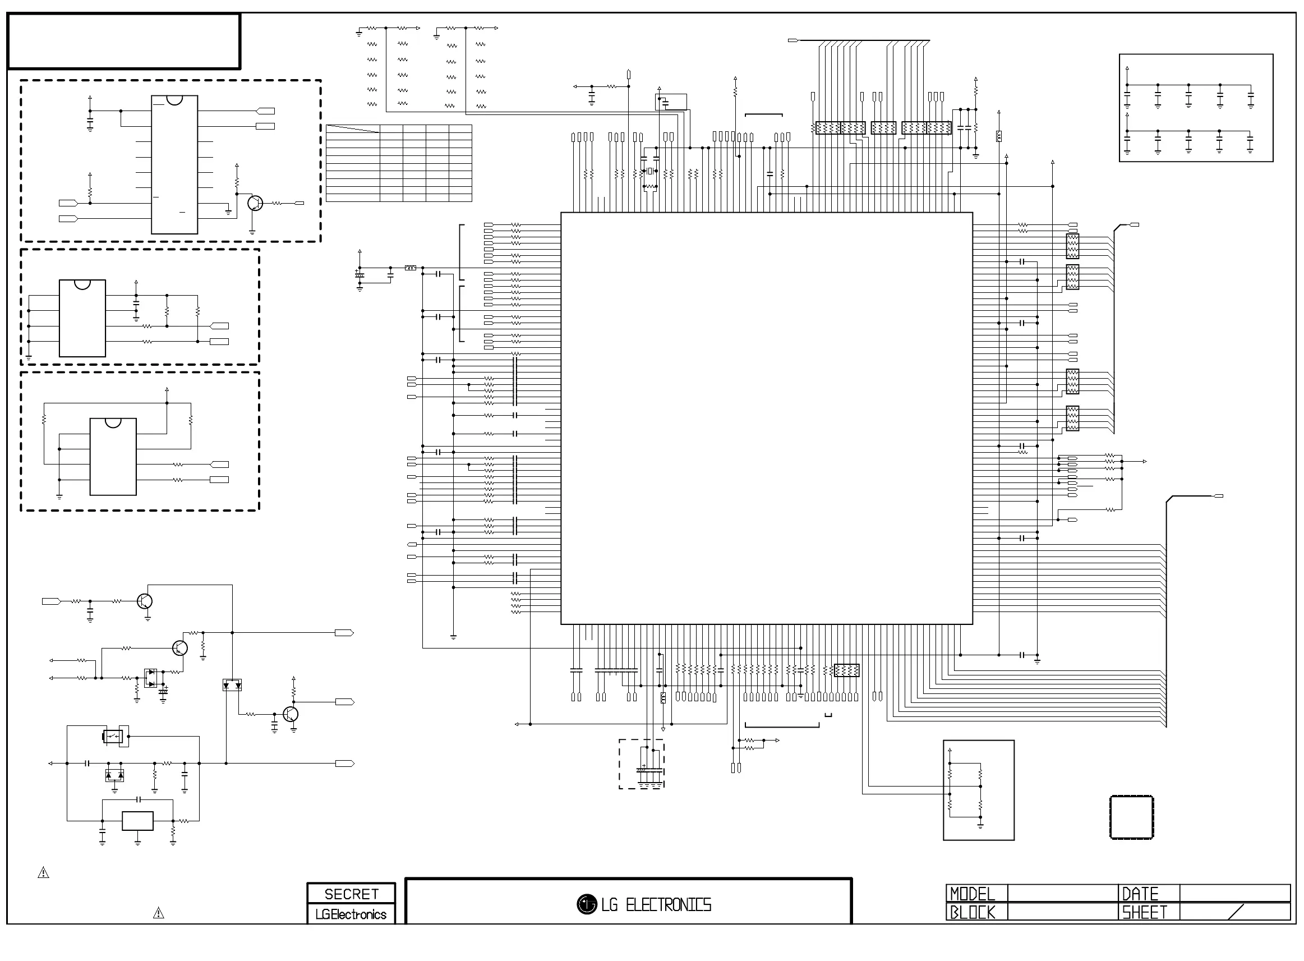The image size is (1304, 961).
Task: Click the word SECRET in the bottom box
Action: pos(351,894)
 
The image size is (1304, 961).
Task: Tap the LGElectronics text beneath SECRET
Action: pos(351,914)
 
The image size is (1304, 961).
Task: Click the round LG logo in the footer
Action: pos(586,904)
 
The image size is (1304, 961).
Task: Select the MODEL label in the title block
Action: pos(972,894)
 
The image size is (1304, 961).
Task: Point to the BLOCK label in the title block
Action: pos(973,912)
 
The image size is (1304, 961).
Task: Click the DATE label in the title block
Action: pos(1140,894)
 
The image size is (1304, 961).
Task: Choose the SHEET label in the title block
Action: pos(1144,912)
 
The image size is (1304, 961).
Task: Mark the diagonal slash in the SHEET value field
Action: pos(1236,912)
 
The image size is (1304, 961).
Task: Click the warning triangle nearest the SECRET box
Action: pos(158,913)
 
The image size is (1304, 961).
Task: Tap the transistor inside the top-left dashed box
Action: pos(255,203)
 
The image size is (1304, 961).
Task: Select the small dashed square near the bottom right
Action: pos(1131,817)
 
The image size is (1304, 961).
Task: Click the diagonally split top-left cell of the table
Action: pos(352,128)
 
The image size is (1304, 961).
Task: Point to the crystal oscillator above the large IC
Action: pos(649,171)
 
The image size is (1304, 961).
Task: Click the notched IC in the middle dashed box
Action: pos(82,318)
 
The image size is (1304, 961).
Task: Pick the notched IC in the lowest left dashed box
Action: pos(113,457)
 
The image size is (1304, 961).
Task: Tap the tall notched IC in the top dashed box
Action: pos(174,164)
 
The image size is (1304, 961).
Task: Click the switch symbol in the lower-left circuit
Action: pos(113,737)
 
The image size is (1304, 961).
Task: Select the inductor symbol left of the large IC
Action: pos(411,268)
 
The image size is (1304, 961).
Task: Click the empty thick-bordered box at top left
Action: pos(124,42)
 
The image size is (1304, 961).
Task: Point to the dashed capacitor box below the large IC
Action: pos(642,764)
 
